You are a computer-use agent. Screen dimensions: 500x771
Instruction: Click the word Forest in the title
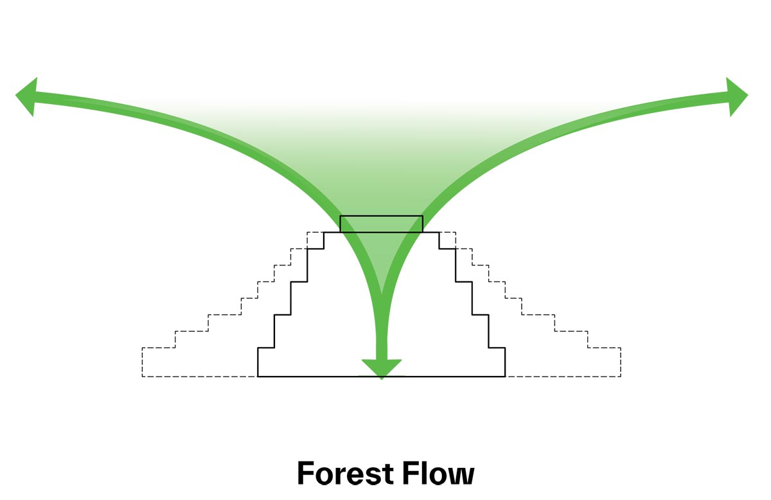coord(344,474)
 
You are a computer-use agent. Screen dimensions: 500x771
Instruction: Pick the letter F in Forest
coord(306,474)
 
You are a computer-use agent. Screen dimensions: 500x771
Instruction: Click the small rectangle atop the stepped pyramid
coord(381,224)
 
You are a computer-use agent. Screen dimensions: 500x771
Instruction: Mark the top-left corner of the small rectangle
coord(340,216)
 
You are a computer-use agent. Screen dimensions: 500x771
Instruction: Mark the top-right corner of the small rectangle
coord(423,216)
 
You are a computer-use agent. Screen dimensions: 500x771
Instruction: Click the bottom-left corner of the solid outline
coord(258,376)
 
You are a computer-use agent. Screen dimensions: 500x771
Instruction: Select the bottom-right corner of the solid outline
coord(505,376)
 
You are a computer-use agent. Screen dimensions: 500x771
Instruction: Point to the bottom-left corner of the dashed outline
coord(142,376)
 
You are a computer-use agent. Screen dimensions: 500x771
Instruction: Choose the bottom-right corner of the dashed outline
coord(621,376)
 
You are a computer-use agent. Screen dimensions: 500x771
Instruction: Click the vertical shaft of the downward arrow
coord(382,334)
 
